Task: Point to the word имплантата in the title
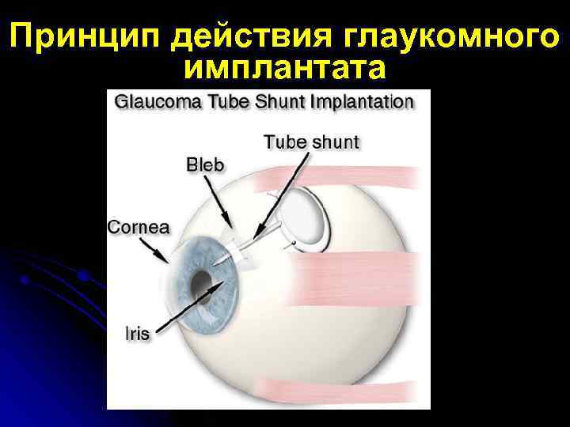tap(285, 69)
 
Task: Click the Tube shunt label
tap(311, 143)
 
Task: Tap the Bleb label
tap(205, 166)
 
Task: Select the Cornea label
tap(139, 227)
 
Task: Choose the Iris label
tap(137, 332)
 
